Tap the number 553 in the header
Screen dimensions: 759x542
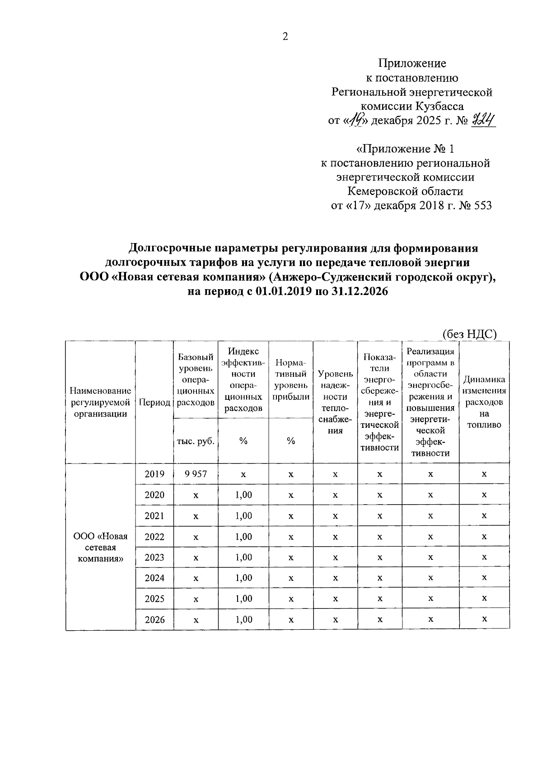[482, 206]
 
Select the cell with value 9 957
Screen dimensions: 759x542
[196, 474]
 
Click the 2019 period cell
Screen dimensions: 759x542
[154, 474]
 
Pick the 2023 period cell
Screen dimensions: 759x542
[154, 557]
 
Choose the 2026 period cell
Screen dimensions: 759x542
[154, 619]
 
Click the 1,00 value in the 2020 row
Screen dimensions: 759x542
[243, 495]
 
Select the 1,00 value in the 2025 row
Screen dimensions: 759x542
[243, 599]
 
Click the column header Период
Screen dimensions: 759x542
[154, 403]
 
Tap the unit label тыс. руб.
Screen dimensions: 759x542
[196, 441]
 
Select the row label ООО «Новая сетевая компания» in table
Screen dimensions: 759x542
[101, 547]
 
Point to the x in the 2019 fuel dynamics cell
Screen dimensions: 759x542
[484, 474]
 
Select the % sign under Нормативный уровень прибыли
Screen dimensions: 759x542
[291, 441]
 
